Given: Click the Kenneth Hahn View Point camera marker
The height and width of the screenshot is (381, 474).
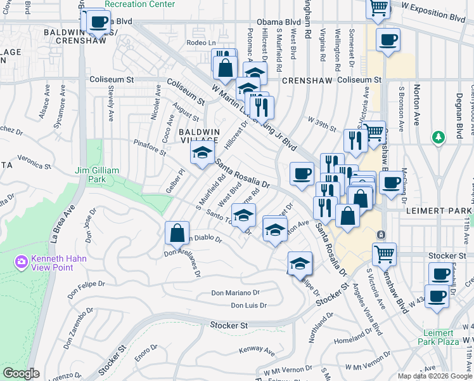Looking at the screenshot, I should coord(21,261).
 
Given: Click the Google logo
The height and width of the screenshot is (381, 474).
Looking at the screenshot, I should coord(21,373).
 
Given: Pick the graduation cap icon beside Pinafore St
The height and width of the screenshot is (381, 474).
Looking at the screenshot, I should coord(202,153).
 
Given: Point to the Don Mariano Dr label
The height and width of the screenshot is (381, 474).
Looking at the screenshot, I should coord(235,293).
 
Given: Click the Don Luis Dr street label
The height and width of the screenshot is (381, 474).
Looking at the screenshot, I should coord(248,305).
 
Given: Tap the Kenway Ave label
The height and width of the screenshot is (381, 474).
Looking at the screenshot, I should coord(257,350).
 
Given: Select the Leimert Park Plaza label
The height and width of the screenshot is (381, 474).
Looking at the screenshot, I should coord(439,337).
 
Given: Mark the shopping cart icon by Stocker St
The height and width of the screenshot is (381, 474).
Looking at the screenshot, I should coord(384,255).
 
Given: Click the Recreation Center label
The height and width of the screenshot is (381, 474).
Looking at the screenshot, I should coord(139,4).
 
